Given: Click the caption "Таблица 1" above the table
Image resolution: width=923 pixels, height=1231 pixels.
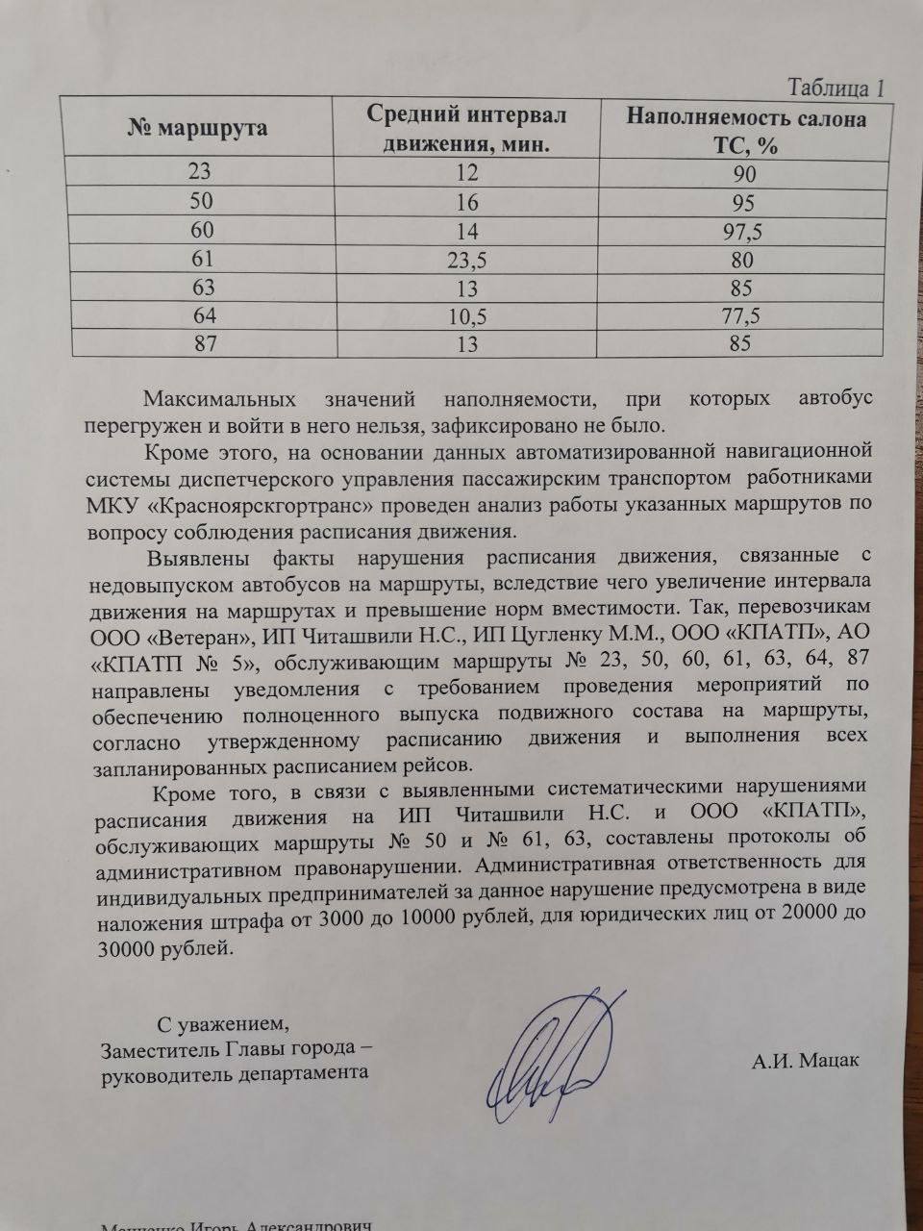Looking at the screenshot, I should [x=836, y=88].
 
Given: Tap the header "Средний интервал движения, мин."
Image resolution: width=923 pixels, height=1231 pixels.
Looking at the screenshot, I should [x=466, y=130].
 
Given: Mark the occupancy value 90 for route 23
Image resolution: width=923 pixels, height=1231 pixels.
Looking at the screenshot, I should [x=743, y=175].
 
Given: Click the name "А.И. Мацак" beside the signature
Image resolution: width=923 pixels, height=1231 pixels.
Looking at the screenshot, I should [x=806, y=1062].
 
